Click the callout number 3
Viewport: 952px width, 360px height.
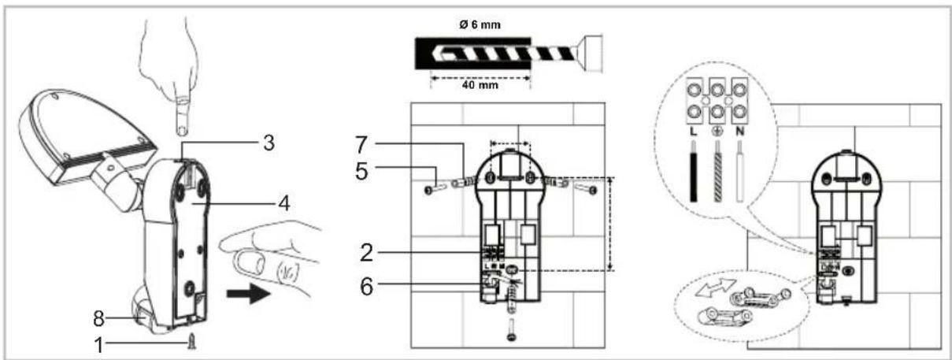pos(269,143)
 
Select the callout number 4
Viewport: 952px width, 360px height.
pos(284,203)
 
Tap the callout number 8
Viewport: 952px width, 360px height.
pos(98,318)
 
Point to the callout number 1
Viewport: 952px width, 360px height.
pos(99,345)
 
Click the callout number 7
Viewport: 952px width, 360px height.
pos(361,145)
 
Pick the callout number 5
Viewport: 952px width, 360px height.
pos(361,172)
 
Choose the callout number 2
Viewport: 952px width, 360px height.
pos(366,253)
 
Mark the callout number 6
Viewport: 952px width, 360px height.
pos(366,287)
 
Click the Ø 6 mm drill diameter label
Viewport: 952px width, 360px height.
pos(480,25)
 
